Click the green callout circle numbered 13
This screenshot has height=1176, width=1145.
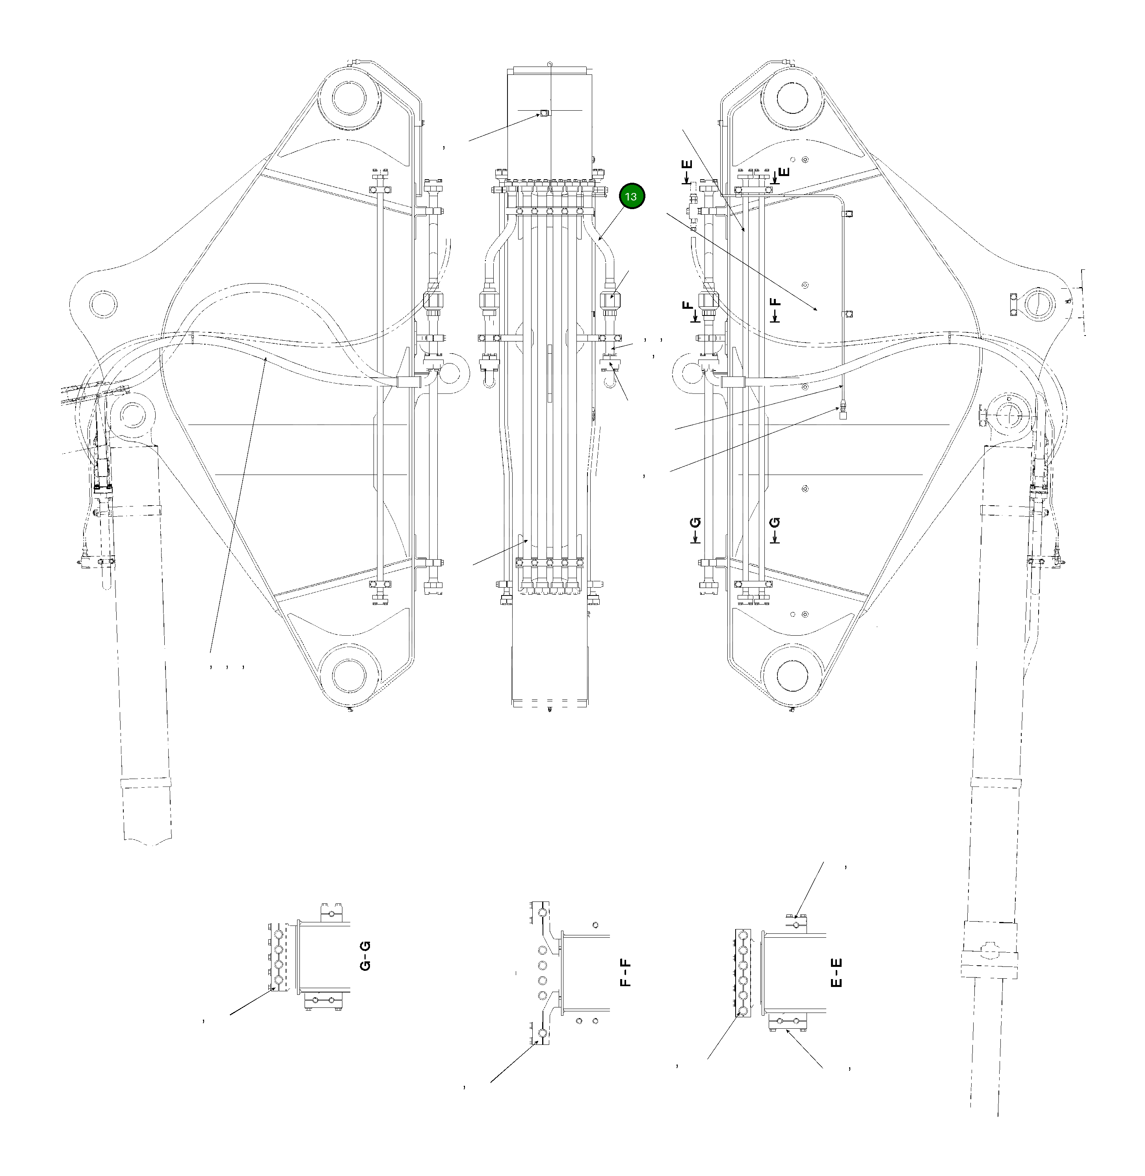coord(631,197)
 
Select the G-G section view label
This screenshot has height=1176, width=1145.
coord(365,956)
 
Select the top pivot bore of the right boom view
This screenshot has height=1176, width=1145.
coord(793,97)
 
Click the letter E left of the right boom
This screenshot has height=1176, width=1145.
coord(688,166)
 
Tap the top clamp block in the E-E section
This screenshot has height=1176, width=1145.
coord(797,923)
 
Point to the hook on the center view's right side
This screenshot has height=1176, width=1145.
coord(610,380)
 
